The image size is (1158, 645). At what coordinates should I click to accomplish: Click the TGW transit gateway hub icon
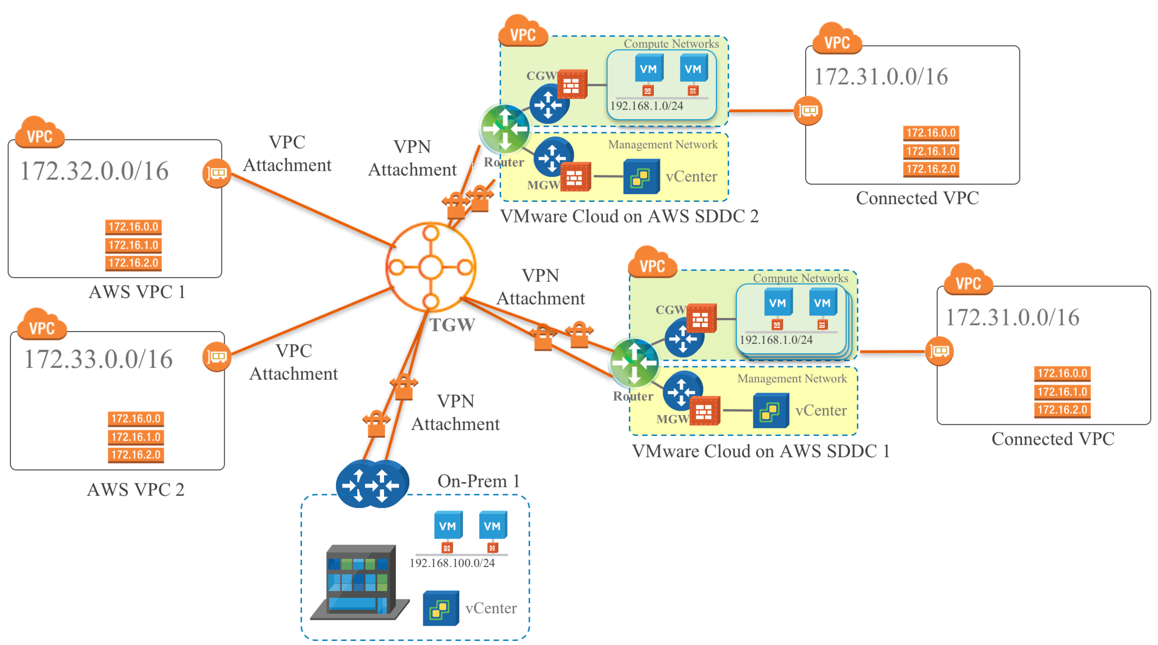tap(431, 267)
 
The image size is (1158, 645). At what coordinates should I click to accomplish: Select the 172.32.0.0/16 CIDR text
tap(94, 171)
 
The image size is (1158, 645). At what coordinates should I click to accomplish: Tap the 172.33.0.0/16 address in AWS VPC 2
tap(99, 359)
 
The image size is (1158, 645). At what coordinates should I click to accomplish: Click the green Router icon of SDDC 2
tap(504, 129)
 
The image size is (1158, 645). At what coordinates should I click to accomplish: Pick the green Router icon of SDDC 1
tap(634, 363)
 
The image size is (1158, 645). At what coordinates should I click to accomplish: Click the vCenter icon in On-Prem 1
tap(440, 608)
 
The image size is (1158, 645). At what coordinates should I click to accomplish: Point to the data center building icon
tap(360, 582)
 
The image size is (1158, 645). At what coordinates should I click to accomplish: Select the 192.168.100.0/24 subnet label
tap(452, 564)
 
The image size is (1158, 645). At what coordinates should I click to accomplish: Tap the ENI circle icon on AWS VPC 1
tap(216, 173)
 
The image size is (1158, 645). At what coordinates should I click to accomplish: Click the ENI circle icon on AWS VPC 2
tap(216, 356)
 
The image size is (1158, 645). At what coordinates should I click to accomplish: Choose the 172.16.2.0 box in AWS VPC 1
tap(133, 263)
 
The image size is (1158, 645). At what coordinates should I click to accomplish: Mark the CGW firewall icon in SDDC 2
tap(572, 85)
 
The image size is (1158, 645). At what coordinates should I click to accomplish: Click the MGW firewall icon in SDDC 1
tap(704, 412)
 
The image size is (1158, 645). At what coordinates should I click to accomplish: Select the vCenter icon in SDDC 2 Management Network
tap(641, 177)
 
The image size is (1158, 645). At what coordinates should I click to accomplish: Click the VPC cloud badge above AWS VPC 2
tap(42, 326)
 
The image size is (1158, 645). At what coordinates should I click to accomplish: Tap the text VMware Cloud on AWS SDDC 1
tap(761, 451)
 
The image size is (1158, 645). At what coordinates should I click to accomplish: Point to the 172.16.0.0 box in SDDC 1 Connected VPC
tap(1062, 374)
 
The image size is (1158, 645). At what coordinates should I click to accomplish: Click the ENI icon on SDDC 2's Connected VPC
tap(808, 111)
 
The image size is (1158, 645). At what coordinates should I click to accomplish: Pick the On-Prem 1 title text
tap(478, 481)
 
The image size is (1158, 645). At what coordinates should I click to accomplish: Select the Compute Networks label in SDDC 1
tap(800, 278)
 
